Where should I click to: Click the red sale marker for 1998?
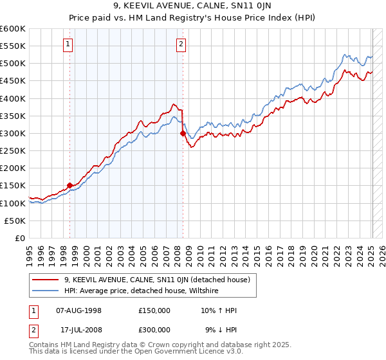[x=69, y=186]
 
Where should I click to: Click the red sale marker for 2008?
[x=183, y=134]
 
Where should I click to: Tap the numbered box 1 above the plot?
[x=68, y=44]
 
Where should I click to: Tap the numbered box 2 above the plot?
[x=181, y=44]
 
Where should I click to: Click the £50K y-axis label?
[x=15, y=221]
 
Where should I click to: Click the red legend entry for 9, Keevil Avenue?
[x=161, y=280]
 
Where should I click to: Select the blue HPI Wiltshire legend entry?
[x=142, y=291]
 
